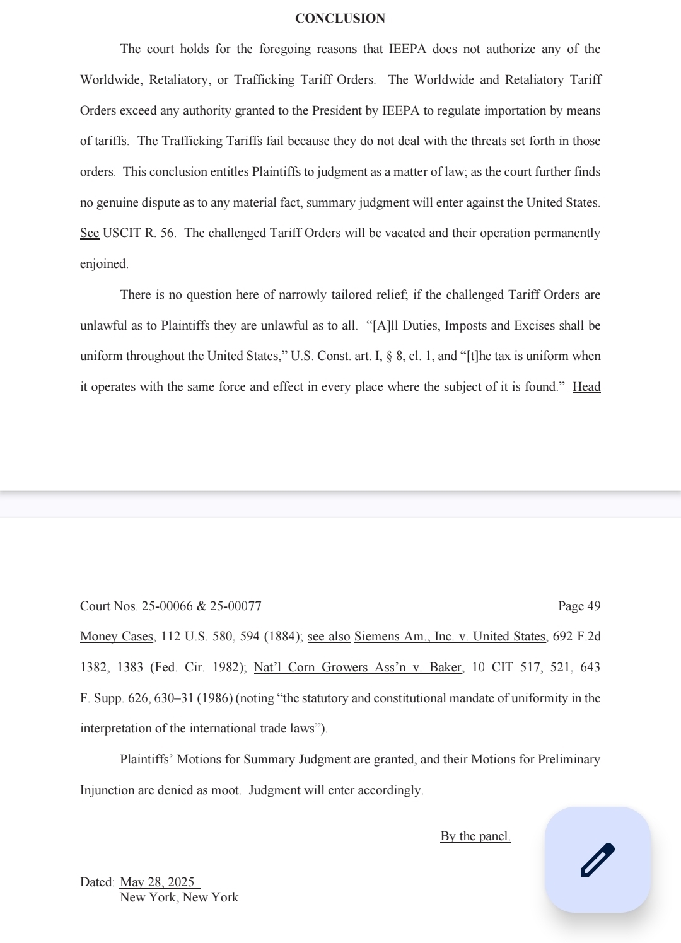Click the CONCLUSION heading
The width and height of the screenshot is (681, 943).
pos(340,18)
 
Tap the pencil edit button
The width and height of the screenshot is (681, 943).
pos(597,860)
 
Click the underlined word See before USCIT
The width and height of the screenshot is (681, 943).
pos(90,233)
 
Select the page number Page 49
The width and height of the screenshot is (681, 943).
pos(579,606)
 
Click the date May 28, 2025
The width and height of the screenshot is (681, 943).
pos(158,882)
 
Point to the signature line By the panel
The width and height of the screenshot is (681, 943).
pos(475,836)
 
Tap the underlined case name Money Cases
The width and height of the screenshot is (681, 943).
pos(117,637)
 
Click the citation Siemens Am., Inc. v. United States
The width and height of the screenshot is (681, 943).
pos(450,637)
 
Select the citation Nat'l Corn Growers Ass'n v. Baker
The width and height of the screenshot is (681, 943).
pos(358,667)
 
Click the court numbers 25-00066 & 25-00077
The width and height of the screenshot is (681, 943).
pos(201,606)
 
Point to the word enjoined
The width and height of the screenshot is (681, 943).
pos(103,264)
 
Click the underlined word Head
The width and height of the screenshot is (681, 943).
pos(586,387)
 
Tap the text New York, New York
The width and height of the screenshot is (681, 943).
pos(179,897)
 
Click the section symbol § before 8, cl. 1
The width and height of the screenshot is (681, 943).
pos(390,356)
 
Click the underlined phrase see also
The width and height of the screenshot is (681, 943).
pos(329,637)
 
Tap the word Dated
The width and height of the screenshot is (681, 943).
pos(96,882)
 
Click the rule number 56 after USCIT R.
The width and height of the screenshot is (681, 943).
pos(167,233)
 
